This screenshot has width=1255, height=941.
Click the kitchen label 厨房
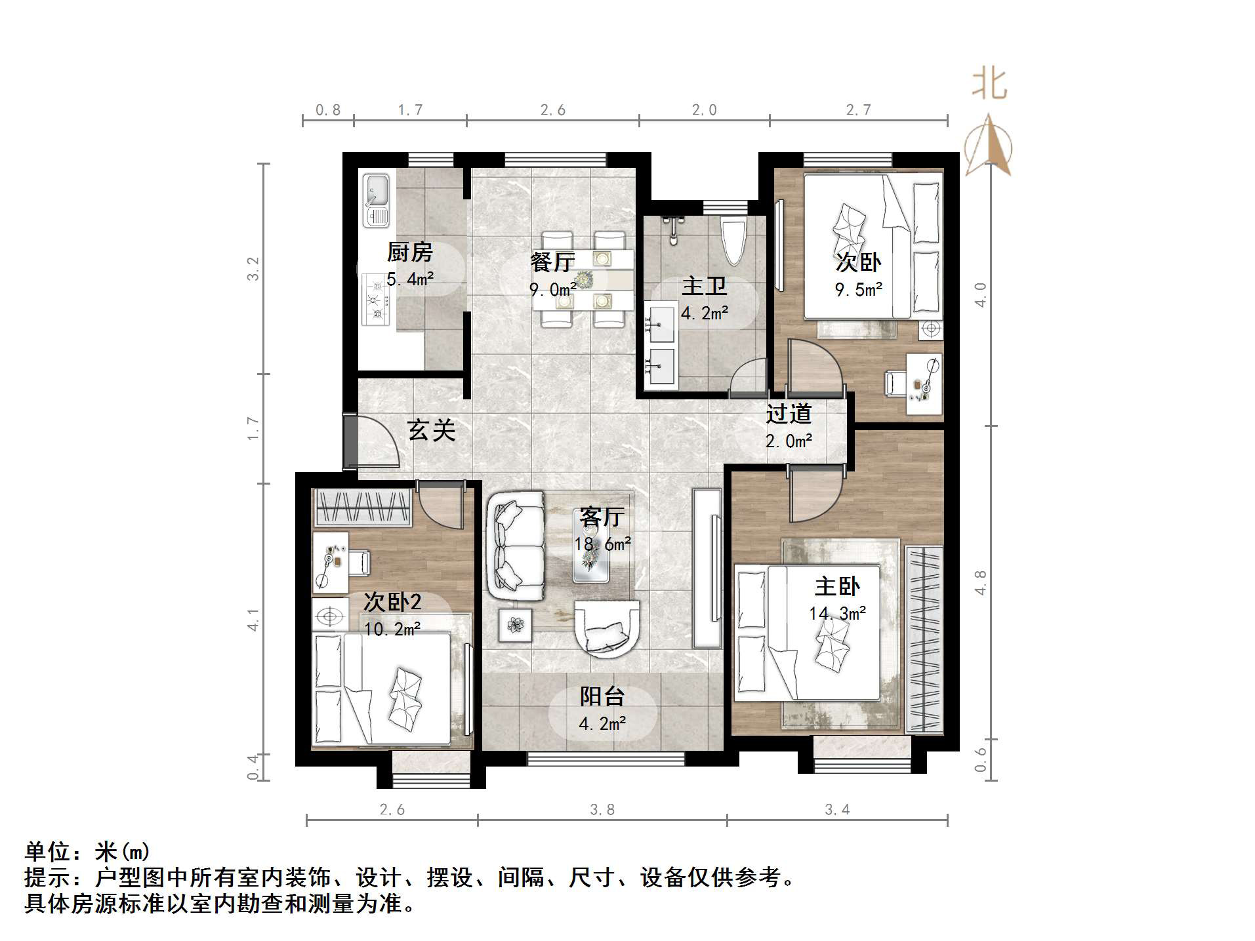pyautogui.click(x=409, y=252)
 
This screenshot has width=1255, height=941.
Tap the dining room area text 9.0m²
pyautogui.click(x=552, y=289)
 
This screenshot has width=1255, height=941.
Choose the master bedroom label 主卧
pyautogui.click(x=836, y=586)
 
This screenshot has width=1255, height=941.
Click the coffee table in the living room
pyautogui.click(x=590, y=556)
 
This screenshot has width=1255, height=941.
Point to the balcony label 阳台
pyautogui.click(x=602, y=696)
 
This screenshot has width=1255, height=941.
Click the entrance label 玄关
pyautogui.click(x=431, y=430)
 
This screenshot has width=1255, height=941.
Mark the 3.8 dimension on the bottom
pyautogui.click(x=602, y=810)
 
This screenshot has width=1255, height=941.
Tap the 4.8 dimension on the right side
pyautogui.click(x=980, y=582)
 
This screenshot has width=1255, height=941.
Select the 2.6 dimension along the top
pyautogui.click(x=552, y=110)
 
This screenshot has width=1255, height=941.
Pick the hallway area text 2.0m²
pyautogui.click(x=789, y=441)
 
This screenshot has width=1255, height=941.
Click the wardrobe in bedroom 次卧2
pyautogui.click(x=363, y=507)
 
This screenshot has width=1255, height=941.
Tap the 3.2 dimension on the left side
pyautogui.click(x=253, y=269)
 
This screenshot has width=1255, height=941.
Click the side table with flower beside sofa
pyautogui.click(x=515, y=625)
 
